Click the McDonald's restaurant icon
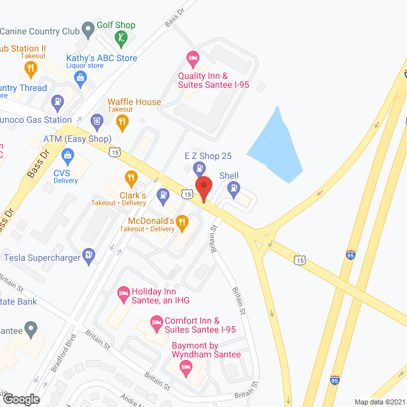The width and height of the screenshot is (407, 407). click(x=182, y=221)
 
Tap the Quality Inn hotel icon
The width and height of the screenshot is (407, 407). click(x=193, y=59)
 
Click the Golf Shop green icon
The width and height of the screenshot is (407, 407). click(x=121, y=39)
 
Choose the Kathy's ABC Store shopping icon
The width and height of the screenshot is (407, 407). click(x=80, y=78)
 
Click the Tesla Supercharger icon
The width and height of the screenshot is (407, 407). click(x=90, y=257)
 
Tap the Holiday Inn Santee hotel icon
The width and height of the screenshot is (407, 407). click(x=123, y=294)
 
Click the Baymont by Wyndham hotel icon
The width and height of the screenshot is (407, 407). click(x=186, y=366)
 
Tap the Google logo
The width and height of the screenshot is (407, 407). click(x=20, y=399)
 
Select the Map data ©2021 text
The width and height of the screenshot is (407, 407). click(x=379, y=402)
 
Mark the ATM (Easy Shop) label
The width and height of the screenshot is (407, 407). click(x=77, y=139)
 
